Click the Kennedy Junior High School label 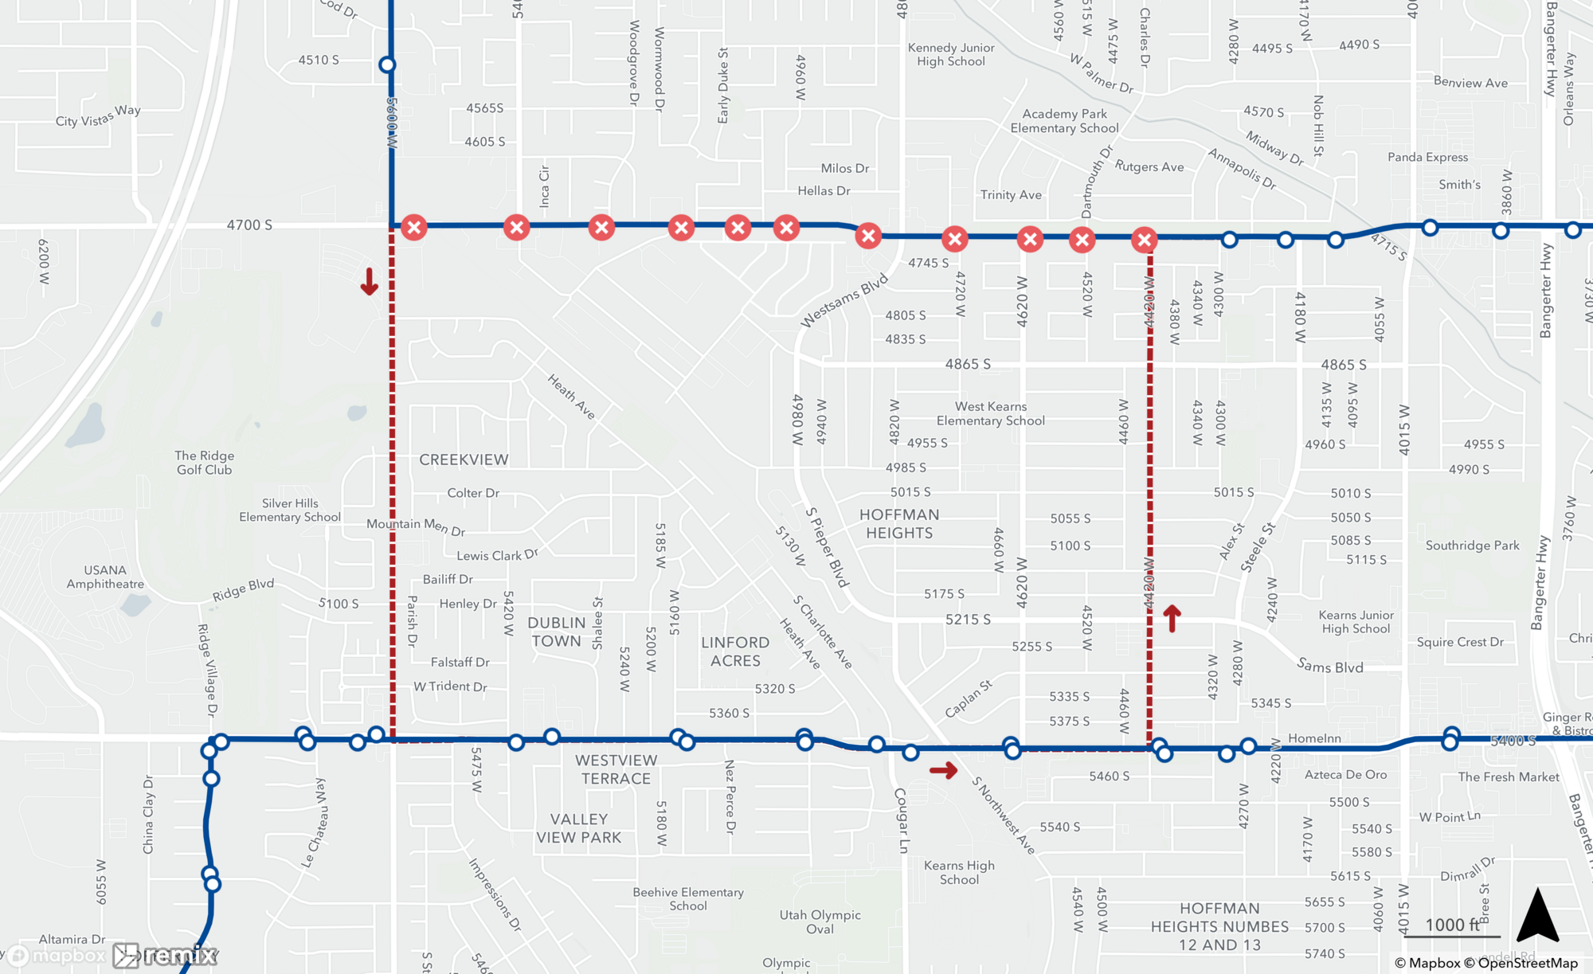pos(950,54)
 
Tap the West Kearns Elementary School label pos(991,413)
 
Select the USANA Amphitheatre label pos(105,577)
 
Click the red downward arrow pos(369,281)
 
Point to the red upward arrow pos(1172,618)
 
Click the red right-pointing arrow pos(943,770)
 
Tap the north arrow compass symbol pos(1537,916)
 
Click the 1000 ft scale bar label pos(1452,925)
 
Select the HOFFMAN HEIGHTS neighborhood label pos(899,523)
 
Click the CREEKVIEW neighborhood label pos(464,460)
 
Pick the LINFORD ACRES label pos(735,651)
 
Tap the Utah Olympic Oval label pos(820,921)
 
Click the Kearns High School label pos(959,872)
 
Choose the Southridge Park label pos(1472,546)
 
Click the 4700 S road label pos(249,225)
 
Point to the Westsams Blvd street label pos(843,301)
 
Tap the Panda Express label pos(1427,157)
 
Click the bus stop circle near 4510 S pos(387,65)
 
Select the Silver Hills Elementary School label pos(290,510)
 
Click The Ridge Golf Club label pos(204,463)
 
